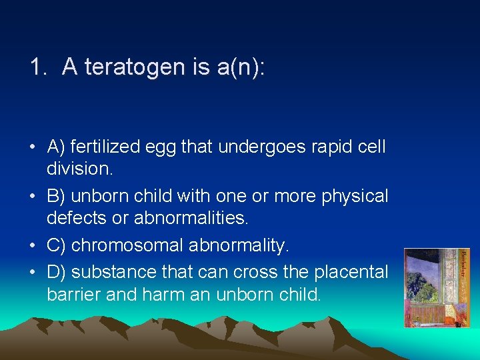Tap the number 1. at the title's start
pos(38,67)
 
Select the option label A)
pos(57,147)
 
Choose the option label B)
pos(57,197)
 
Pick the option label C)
pos(57,245)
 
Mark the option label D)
pos(57,272)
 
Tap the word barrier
pos(73,295)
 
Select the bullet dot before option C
pos(33,246)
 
